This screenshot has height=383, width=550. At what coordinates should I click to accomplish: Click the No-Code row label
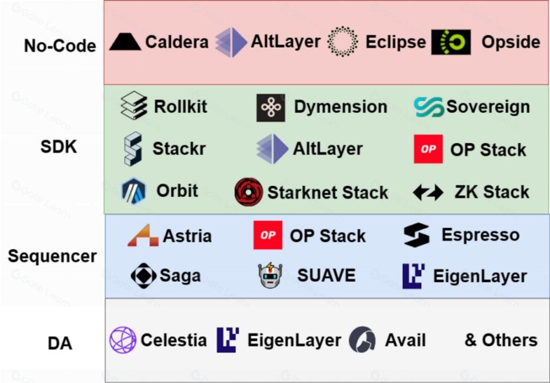coord(60,46)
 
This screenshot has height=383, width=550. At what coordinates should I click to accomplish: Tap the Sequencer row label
coord(52,256)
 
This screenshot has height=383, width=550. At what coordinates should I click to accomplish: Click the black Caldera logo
coord(125,41)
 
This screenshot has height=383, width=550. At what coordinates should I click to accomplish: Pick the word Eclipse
coord(395,42)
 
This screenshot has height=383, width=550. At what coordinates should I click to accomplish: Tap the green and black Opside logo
coord(451,42)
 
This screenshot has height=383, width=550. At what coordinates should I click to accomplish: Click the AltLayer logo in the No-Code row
coord(231,42)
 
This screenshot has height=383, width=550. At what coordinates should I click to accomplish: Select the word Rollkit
coord(180,106)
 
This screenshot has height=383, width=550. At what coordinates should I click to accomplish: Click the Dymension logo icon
coord(271,108)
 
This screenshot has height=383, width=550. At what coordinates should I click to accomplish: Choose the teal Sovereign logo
coord(429,107)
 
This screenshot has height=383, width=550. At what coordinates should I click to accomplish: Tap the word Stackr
coord(179,148)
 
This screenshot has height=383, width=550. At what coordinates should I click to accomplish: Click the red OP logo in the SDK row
coord(428,149)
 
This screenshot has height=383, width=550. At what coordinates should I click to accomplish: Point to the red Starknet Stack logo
coord(248,192)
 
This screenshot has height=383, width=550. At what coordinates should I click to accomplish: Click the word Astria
coord(187,235)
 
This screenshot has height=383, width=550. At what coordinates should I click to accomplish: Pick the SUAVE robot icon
coord(270,276)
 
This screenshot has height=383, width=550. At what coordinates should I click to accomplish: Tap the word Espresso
coord(480,235)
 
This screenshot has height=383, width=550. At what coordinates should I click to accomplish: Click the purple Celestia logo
coord(123,340)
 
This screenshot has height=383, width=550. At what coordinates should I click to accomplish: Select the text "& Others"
coord(501,340)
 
